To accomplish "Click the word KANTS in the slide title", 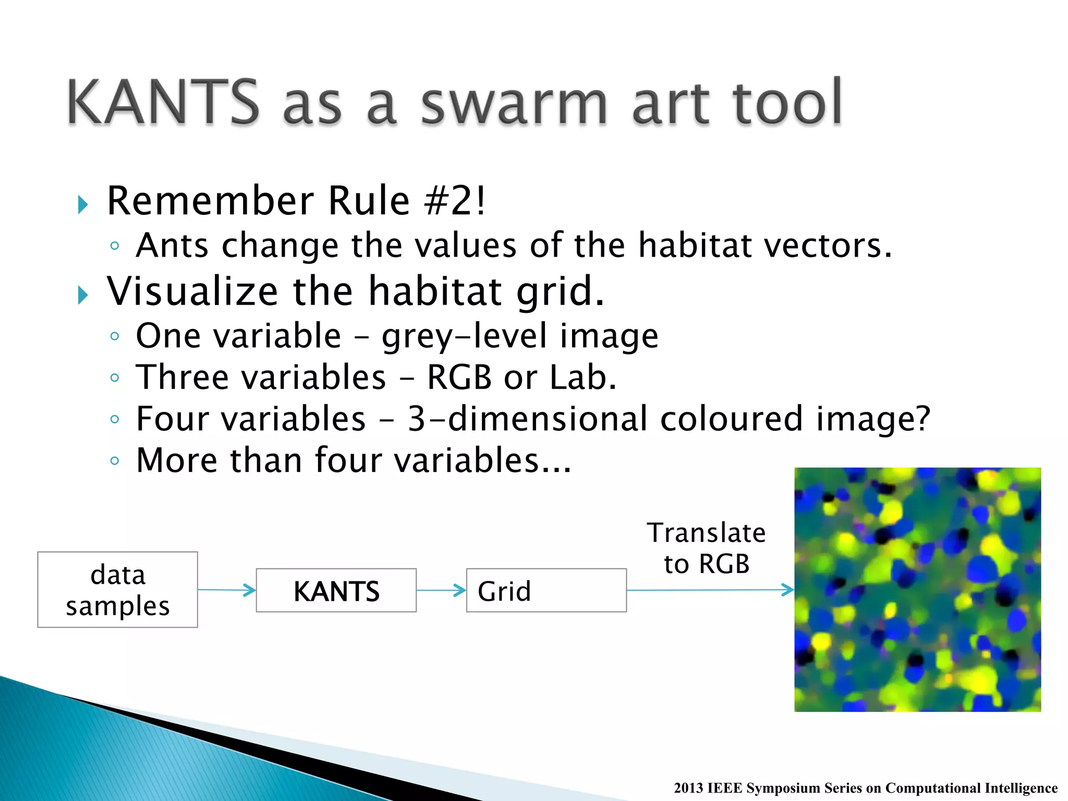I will click(x=163, y=102).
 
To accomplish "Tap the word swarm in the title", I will click(x=514, y=104).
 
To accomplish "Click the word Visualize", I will click(x=192, y=291).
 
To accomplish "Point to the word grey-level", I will click(x=464, y=336).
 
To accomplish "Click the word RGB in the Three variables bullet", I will click(x=459, y=377).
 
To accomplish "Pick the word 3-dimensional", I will click(x=527, y=419).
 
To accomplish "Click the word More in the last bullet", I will click(x=177, y=460).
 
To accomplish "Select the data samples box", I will click(x=117, y=590).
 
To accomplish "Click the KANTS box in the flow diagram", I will click(x=336, y=590).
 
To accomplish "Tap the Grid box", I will click(x=546, y=590).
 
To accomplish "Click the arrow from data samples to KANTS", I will click(x=227, y=590).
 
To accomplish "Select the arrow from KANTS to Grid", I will click(x=441, y=590).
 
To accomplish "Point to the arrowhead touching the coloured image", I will click(x=788, y=590).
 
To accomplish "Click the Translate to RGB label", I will click(x=707, y=548).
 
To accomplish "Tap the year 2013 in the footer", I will click(x=688, y=788).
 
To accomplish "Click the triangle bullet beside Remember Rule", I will click(x=82, y=204).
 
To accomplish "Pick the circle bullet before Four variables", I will click(x=115, y=419).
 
